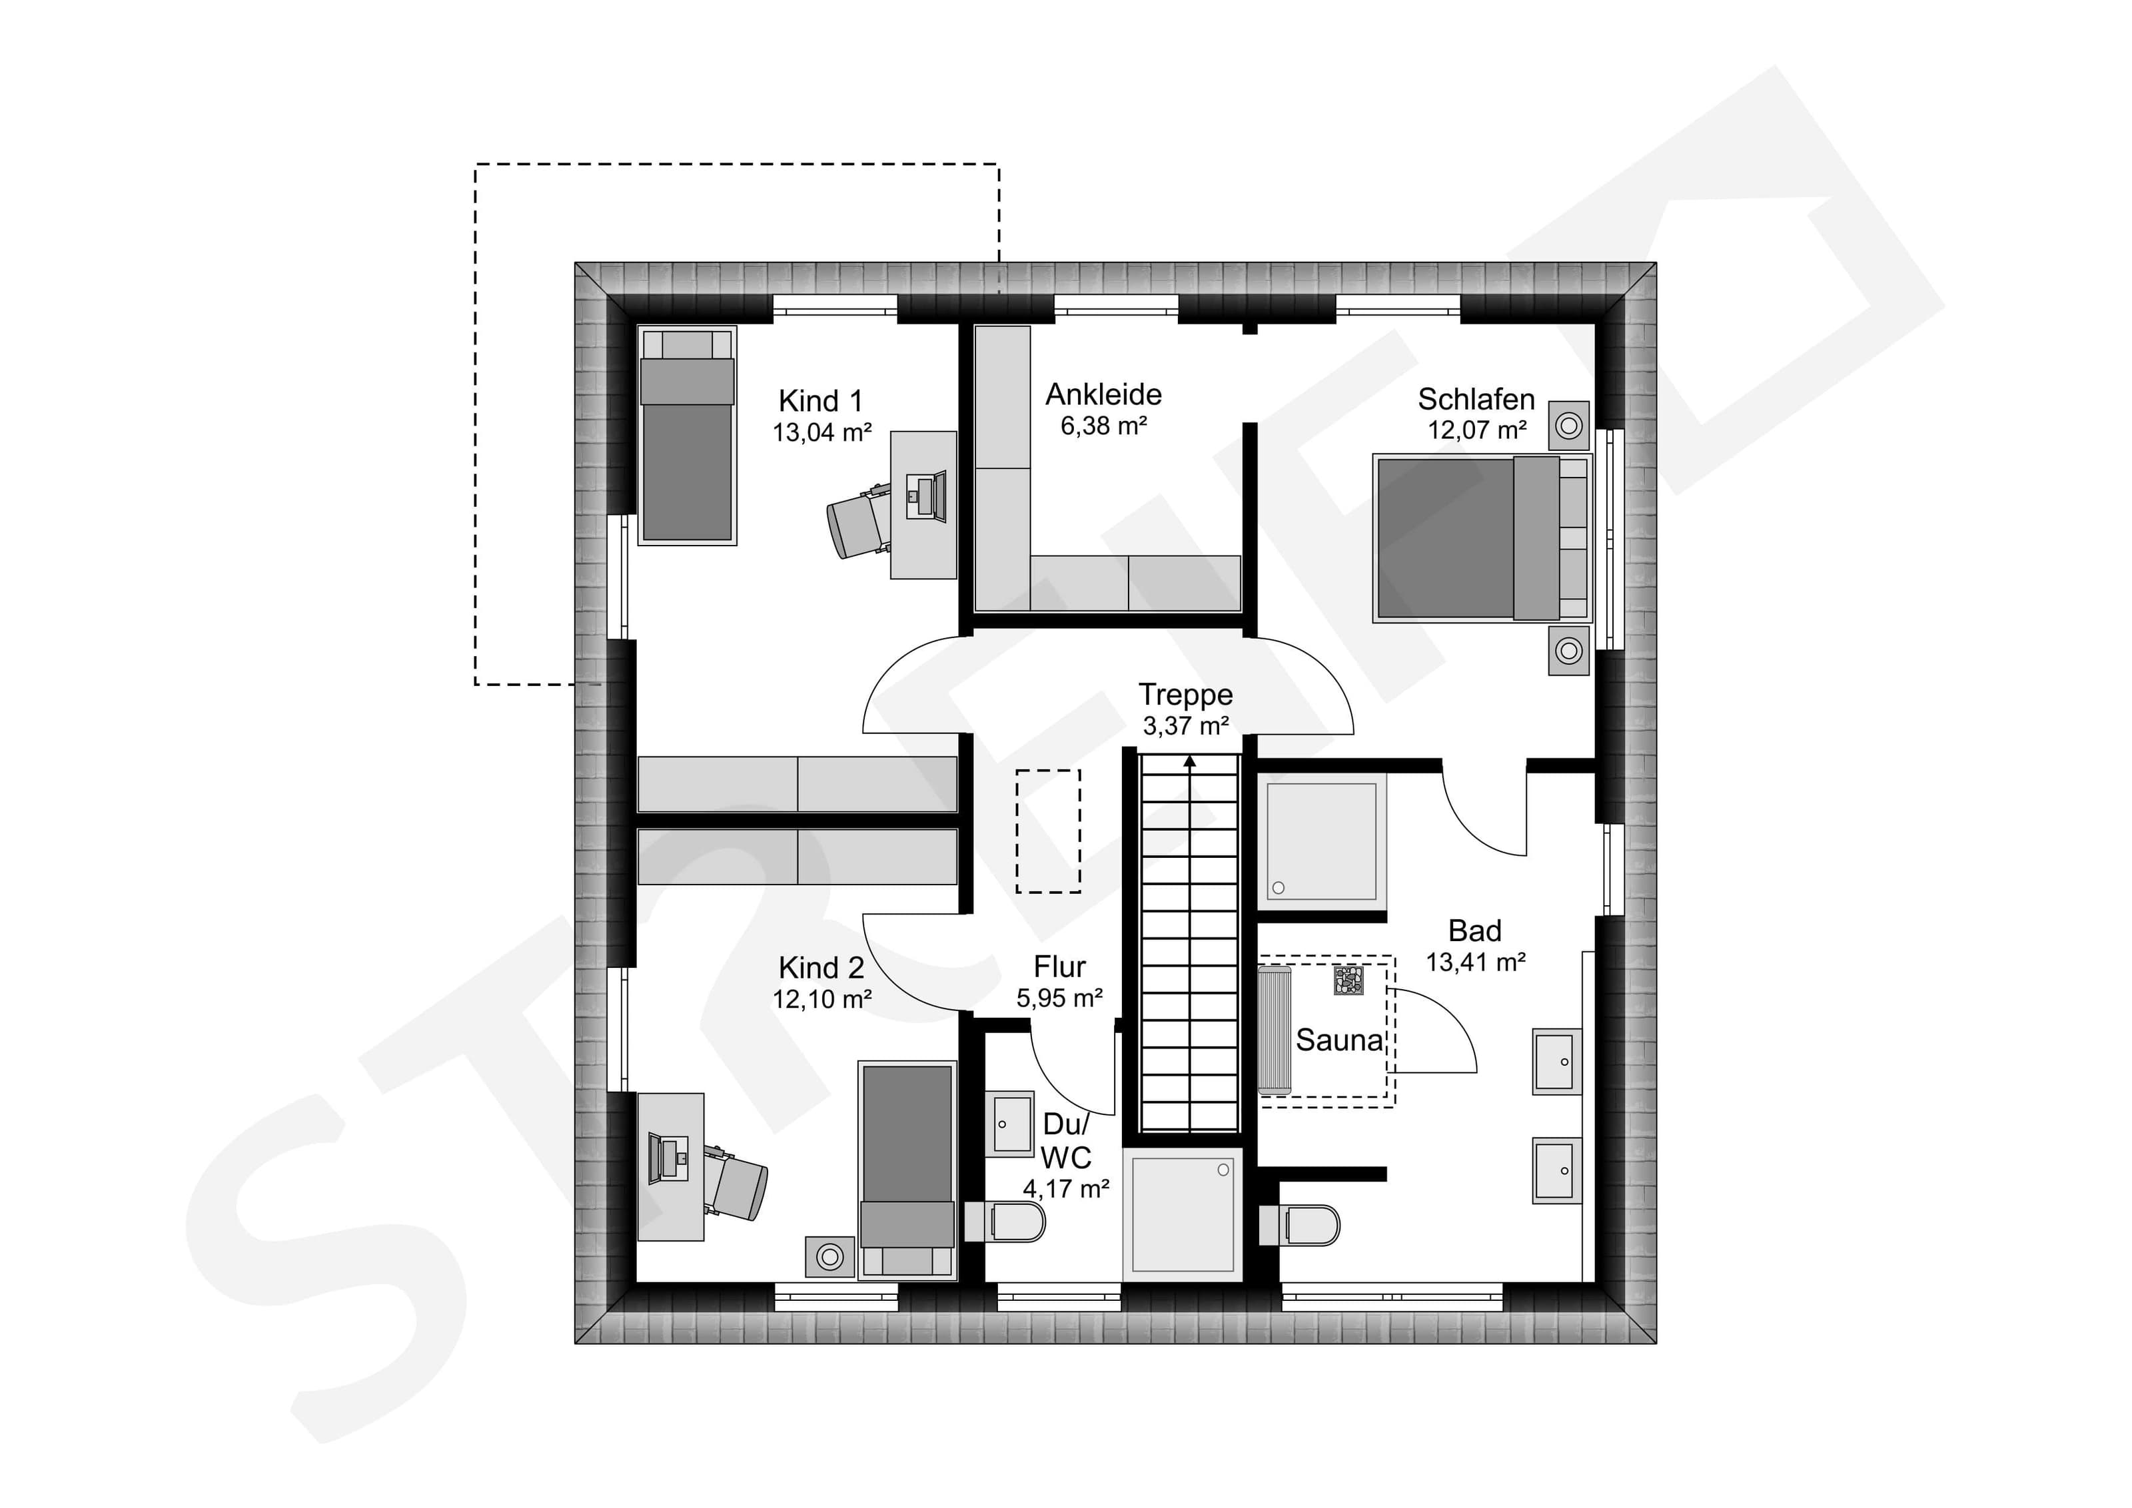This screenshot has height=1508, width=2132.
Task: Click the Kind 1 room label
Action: point(821,401)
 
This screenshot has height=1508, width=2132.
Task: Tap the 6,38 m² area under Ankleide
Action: point(1103,426)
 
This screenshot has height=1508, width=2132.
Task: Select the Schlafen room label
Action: point(1476,399)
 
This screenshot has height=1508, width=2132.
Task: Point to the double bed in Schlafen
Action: point(1482,538)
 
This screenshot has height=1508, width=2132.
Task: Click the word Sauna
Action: point(1339,1040)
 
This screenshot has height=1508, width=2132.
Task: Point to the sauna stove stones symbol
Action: point(1348,980)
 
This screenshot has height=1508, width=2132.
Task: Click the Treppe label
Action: point(1186,695)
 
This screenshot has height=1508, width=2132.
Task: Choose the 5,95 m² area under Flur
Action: point(1059,998)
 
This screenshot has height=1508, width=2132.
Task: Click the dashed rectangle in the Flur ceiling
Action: point(1049,831)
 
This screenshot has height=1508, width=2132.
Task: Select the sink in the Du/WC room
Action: point(1009,1124)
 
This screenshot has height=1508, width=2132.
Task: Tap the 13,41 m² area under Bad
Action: point(1476,963)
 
